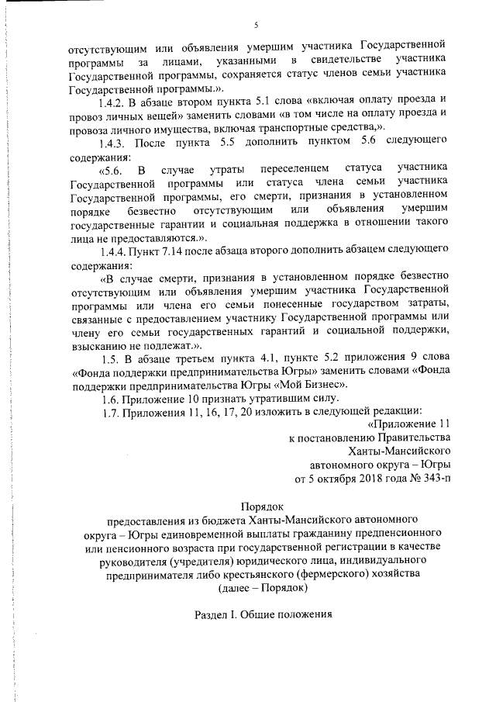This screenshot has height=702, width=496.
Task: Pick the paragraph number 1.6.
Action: tap(112, 396)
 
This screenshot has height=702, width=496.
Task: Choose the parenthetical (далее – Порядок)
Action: tap(262, 587)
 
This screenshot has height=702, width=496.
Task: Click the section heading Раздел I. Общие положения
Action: tap(262, 614)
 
